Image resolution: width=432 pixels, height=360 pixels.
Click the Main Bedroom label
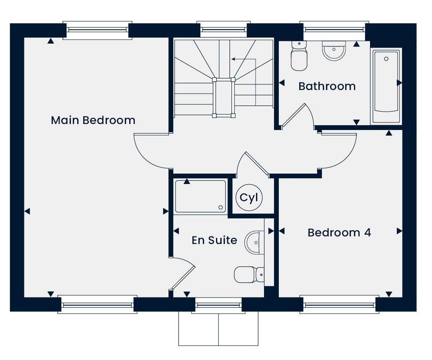pyautogui.click(x=93, y=120)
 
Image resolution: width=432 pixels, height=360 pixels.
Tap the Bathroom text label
pyautogui.click(x=327, y=86)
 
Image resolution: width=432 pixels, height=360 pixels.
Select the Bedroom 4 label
pyautogui.click(x=339, y=233)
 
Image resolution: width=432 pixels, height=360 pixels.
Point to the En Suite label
pyautogui.click(x=214, y=240)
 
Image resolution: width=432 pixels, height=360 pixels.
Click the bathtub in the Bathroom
pyautogui.click(x=386, y=86)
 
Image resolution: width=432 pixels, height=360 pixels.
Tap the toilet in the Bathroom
pyautogui.click(x=299, y=56)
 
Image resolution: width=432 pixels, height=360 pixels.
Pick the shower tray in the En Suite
pyautogui.click(x=200, y=196)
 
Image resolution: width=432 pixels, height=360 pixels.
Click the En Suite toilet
pyautogui.click(x=249, y=275)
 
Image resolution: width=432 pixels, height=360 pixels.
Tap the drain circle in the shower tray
pyautogui.click(x=221, y=208)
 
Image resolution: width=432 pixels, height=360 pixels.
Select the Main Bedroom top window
pyautogui.click(x=98, y=30)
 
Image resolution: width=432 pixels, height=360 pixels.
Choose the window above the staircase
pyautogui.click(x=224, y=29)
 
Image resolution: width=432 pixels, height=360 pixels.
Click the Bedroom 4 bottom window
pyautogui.click(x=340, y=304)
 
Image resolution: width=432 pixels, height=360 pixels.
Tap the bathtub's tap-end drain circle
pyautogui.click(x=386, y=59)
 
